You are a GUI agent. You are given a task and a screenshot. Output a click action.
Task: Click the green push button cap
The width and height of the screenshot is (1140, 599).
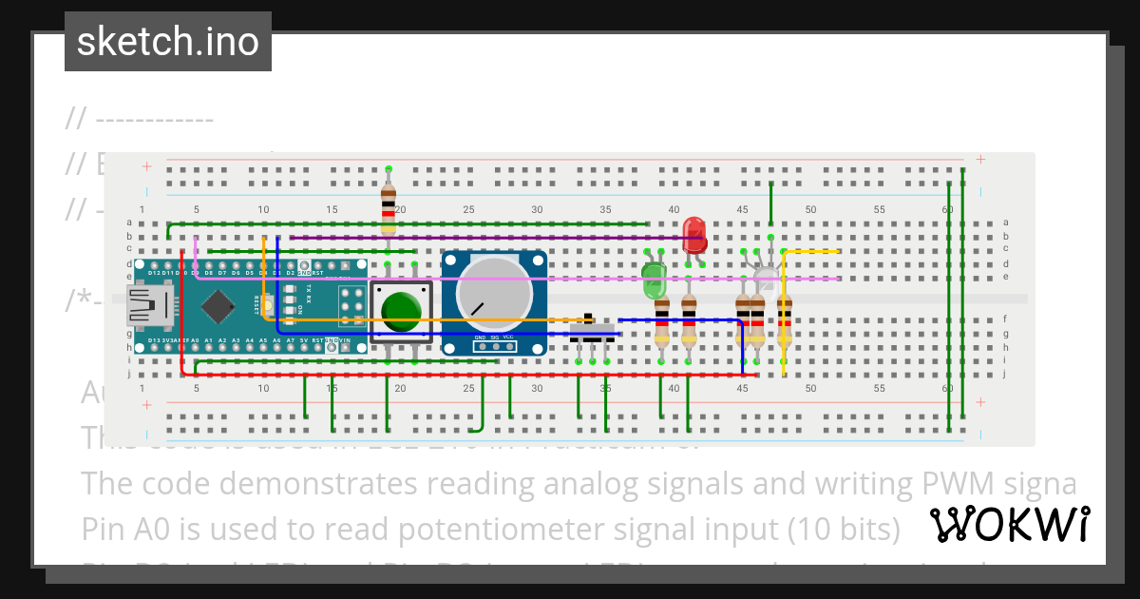coord(401,310)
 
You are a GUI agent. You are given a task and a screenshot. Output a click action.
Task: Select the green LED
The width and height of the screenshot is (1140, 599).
coord(654,280)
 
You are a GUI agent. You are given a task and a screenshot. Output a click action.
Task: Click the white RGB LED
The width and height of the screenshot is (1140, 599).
coord(766,279)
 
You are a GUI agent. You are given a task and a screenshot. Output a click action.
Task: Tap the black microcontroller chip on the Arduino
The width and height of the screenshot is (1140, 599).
coord(219,306)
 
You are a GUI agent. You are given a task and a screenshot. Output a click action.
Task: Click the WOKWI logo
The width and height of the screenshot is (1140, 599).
coord(1009,525)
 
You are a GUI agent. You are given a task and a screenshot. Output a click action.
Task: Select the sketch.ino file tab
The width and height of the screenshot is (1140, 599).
coord(168,41)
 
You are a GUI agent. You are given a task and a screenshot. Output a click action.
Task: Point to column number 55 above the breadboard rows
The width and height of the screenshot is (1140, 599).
coord(880,209)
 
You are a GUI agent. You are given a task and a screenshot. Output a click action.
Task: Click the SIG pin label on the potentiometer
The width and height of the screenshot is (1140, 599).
coord(494,338)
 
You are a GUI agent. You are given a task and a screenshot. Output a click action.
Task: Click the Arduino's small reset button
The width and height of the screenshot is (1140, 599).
coord(270,305)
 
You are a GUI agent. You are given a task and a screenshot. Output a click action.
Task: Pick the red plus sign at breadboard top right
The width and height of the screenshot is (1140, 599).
coord(980,160)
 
